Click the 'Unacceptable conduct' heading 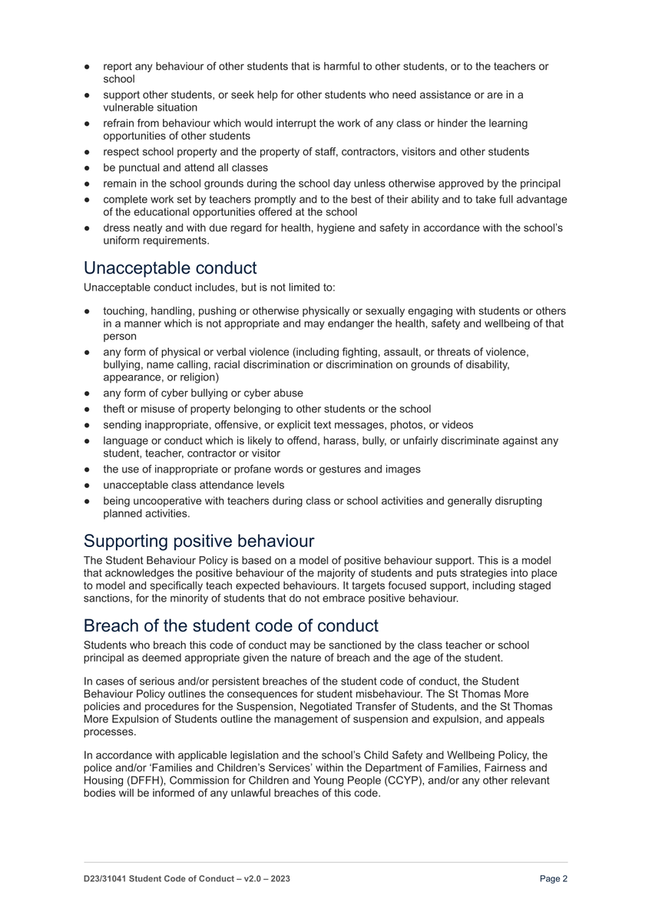coord(170,268)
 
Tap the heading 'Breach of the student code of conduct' coord(230,625)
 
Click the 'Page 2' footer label coord(553,879)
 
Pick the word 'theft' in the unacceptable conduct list coord(115,409)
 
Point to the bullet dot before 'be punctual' coord(88,167)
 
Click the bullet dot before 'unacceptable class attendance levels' coord(88,485)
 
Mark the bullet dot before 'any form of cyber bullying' coord(88,393)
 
